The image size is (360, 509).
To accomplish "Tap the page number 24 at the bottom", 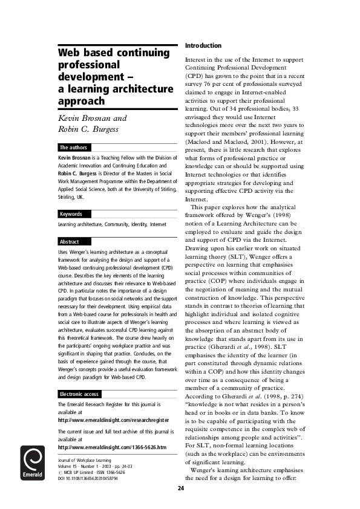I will coord(180,488).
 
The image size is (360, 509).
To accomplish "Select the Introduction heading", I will coord(203,46).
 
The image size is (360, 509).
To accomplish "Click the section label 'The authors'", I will coord(73,148).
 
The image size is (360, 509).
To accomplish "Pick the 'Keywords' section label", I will coord(70,214).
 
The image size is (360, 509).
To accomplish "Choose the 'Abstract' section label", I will coord(69,242).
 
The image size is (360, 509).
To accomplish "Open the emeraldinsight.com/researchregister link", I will coord(114,403).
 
